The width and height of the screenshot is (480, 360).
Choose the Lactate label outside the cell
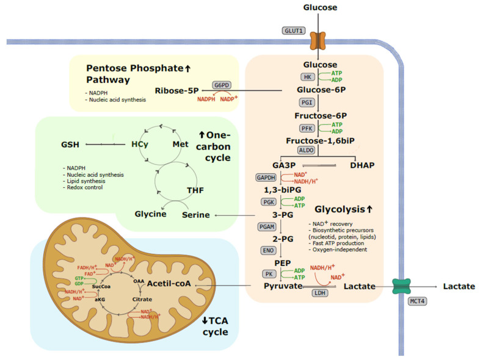coord(455,286)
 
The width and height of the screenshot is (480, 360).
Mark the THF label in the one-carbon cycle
coord(195,191)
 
